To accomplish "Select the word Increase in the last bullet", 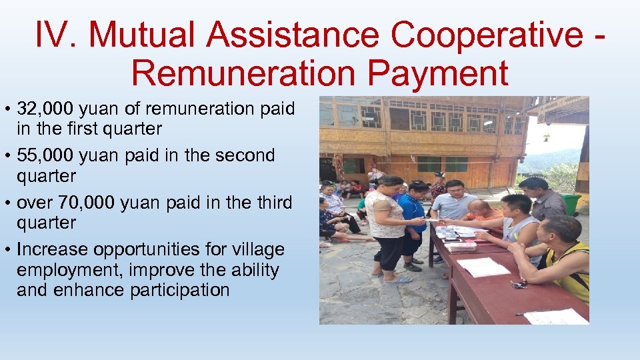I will click(x=53, y=249).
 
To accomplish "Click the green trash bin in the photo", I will click(x=571, y=204).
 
